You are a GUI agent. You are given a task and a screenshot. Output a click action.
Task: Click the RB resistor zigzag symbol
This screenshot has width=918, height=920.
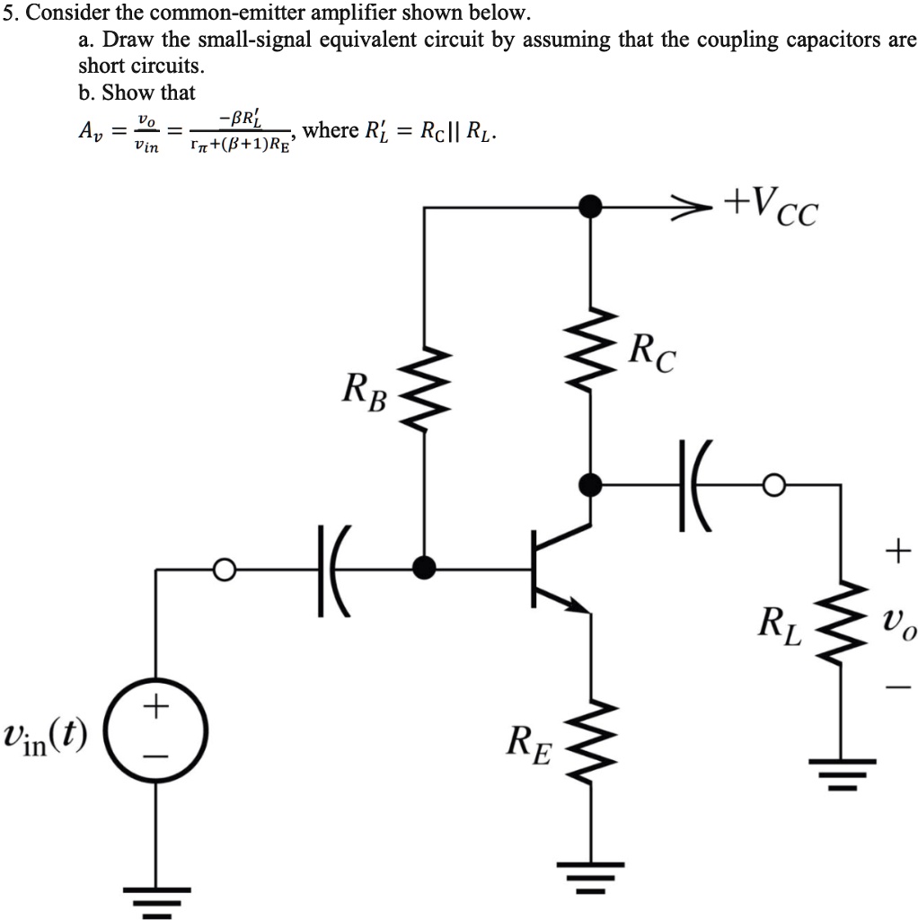pos(424,386)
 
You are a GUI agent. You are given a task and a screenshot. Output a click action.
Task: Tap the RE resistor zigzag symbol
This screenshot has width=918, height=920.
pos(590,742)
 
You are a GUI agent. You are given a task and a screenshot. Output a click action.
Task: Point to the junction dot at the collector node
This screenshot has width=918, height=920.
pos(590,485)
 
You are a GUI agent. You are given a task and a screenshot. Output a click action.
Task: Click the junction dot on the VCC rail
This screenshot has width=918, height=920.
pos(590,207)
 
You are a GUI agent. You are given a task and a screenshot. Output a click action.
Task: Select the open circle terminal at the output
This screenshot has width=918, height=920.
pos(772,485)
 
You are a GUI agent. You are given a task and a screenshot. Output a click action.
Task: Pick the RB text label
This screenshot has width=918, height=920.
pos(364,392)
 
